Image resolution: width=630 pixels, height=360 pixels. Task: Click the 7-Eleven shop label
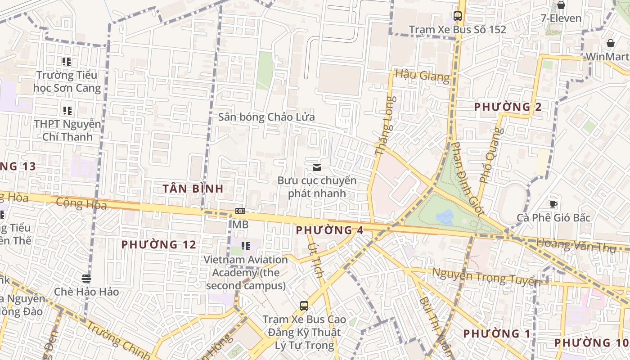point(561,18)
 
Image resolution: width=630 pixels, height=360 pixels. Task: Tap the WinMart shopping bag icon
point(611,44)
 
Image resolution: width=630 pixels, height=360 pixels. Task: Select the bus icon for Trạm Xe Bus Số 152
point(458,16)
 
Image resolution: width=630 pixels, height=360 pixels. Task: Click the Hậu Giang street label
point(422,76)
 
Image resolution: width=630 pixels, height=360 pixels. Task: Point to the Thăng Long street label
point(386,126)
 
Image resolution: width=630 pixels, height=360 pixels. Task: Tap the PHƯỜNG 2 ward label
point(508,107)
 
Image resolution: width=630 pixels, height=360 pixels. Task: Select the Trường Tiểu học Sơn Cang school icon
point(67,62)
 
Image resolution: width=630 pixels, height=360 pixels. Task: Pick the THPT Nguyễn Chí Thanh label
point(67,130)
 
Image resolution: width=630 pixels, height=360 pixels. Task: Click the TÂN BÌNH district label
point(193,189)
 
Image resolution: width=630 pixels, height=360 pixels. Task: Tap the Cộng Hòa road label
point(81,204)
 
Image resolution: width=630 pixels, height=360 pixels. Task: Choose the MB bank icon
point(240,211)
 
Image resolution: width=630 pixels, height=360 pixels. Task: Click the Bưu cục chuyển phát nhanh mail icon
point(317,167)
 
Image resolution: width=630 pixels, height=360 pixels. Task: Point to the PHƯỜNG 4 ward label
point(330,230)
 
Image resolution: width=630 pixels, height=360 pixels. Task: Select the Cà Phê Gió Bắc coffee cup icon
point(553,204)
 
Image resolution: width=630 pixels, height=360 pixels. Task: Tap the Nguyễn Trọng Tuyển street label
point(486,277)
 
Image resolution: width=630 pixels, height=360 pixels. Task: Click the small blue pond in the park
point(445,217)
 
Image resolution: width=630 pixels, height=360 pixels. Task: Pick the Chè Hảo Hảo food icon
point(86,278)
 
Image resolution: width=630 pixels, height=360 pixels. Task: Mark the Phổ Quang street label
point(490,155)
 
